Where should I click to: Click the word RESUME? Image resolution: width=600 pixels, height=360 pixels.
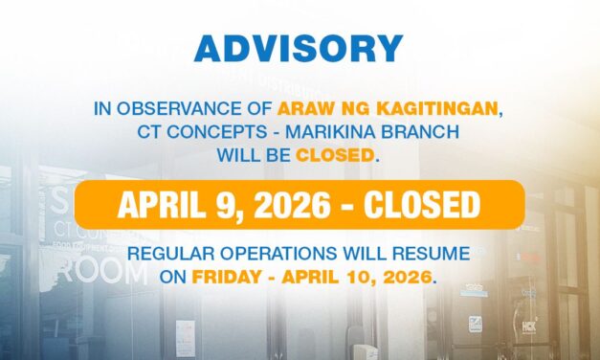(435, 256)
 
